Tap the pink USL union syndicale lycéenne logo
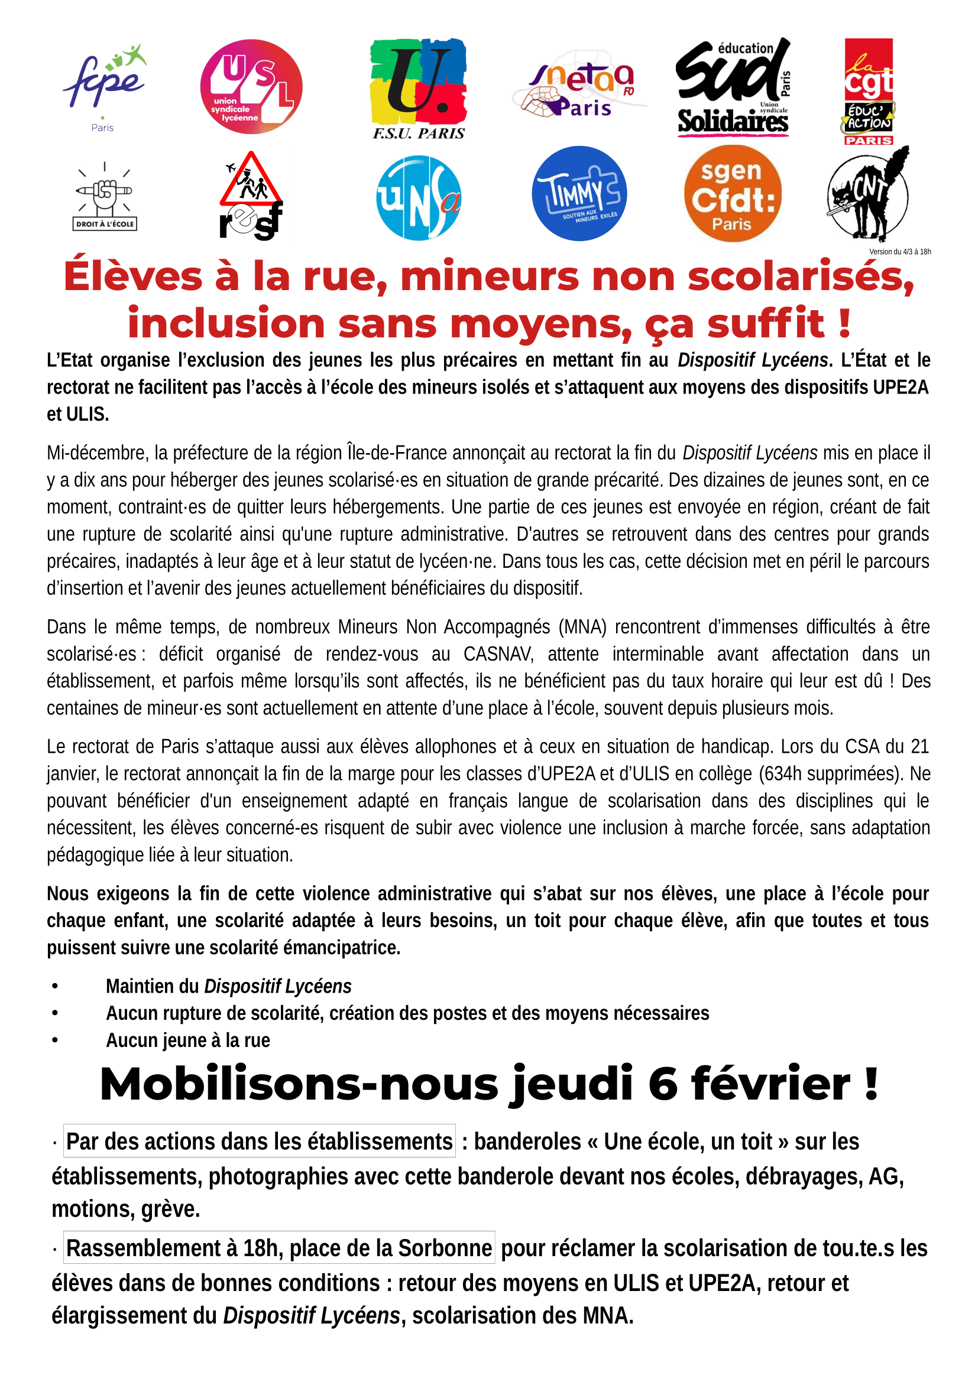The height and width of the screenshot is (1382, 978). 251,87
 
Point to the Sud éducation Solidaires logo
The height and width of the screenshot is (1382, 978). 733,88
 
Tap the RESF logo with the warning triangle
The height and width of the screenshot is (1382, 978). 251,197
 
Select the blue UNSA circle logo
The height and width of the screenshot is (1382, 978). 419,197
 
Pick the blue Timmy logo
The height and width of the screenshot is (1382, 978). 579,193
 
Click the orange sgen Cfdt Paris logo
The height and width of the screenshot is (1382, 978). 732,194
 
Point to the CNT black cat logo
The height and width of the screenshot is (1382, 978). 868,194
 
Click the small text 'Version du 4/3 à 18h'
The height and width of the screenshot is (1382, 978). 900,252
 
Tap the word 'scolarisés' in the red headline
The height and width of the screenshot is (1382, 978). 801,277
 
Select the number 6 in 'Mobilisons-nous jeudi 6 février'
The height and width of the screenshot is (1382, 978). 663,1084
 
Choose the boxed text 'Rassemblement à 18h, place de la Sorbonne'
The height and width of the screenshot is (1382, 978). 279,1248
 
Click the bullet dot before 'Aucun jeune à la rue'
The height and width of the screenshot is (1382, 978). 55,1040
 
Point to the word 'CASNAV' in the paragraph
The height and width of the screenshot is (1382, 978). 498,653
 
